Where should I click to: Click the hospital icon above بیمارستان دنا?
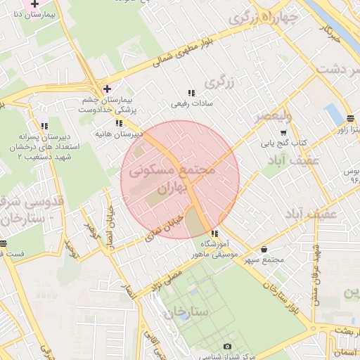coord(34,4)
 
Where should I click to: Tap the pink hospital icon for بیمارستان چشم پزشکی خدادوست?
coord(107,89)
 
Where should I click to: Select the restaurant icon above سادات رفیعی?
coord(191,93)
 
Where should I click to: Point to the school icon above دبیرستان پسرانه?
coord(44,126)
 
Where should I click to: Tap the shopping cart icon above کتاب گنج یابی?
coord(283,133)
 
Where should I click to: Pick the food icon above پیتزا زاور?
coord(350,117)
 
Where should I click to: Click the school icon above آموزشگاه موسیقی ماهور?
coord(214,234)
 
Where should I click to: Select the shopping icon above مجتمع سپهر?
coord(264,249)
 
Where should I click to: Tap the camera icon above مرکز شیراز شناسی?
coord(227,346)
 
